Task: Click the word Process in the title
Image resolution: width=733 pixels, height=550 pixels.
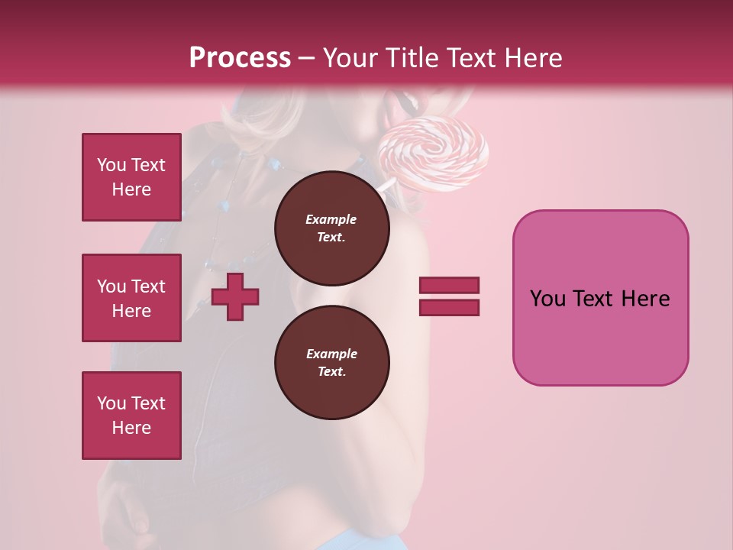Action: [240, 58]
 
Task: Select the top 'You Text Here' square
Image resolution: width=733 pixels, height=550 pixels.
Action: [131, 177]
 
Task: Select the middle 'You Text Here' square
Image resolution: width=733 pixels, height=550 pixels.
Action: [131, 298]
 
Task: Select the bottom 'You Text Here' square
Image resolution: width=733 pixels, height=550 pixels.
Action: [131, 416]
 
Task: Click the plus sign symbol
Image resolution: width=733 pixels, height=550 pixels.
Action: [235, 296]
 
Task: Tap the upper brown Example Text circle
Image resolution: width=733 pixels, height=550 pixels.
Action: [331, 228]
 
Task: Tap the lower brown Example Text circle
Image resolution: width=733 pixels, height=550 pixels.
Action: [331, 362]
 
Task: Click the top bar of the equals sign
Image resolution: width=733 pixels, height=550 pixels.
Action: [449, 286]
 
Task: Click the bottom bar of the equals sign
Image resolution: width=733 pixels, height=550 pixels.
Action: [449, 307]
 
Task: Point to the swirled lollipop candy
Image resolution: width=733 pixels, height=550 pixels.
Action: [434, 151]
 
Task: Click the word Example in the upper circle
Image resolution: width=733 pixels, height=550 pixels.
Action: [331, 219]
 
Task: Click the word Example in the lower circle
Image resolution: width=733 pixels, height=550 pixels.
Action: [331, 354]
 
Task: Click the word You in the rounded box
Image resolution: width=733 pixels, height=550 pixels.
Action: [547, 299]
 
